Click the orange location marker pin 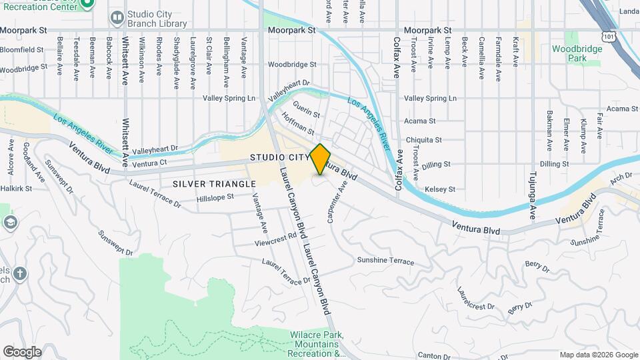321,159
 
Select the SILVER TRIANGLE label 214,183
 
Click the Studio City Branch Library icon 117,17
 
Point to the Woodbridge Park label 569,53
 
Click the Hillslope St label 215,197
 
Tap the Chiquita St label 423,140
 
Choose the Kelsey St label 439,189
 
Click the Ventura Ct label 149,163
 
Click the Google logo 22,351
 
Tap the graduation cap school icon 10,222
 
